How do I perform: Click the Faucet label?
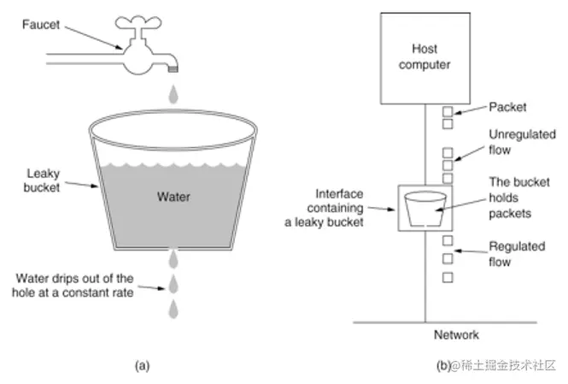pyautogui.click(x=41, y=25)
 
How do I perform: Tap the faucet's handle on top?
pyautogui.click(x=138, y=22)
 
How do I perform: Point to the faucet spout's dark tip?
pyautogui.click(x=173, y=69)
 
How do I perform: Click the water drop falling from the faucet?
pyautogui.click(x=173, y=94)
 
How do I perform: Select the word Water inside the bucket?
pyautogui.click(x=173, y=197)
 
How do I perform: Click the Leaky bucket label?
pyautogui.click(x=42, y=180)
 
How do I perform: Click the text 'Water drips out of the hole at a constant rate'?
pyautogui.click(x=73, y=286)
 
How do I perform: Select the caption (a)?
pyautogui.click(x=142, y=365)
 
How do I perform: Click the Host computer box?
pyautogui.click(x=425, y=58)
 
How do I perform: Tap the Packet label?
pyautogui.click(x=507, y=107)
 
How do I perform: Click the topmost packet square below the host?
pyautogui.click(x=448, y=111)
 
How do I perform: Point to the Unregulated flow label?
pyautogui.click(x=522, y=142)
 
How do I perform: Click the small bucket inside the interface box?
pyautogui.click(x=425, y=210)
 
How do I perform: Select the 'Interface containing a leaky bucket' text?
pyautogui.click(x=324, y=208)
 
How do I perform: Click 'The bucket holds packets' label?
pyautogui.click(x=519, y=198)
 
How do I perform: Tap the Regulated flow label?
pyautogui.click(x=517, y=254)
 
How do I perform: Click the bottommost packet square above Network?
pyautogui.click(x=448, y=277)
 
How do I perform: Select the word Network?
pyautogui.click(x=456, y=334)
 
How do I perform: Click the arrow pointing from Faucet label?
pyautogui.click(x=94, y=38)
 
